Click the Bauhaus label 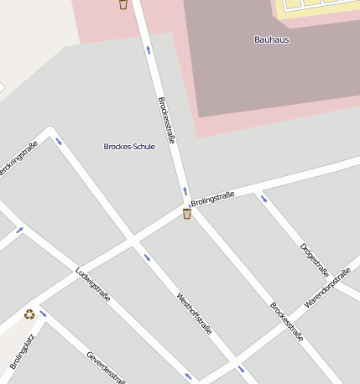[271, 39]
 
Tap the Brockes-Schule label [129, 147]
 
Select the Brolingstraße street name [212, 199]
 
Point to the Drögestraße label [315, 260]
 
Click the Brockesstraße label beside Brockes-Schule [166, 120]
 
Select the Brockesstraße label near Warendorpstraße [286, 321]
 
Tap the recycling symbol [29, 314]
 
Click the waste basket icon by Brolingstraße [186, 214]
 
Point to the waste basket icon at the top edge [123, 4]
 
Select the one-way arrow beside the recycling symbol [43, 314]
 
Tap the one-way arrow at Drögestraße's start [264, 199]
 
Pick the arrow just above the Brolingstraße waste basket [185, 191]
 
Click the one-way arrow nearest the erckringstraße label [59, 141]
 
